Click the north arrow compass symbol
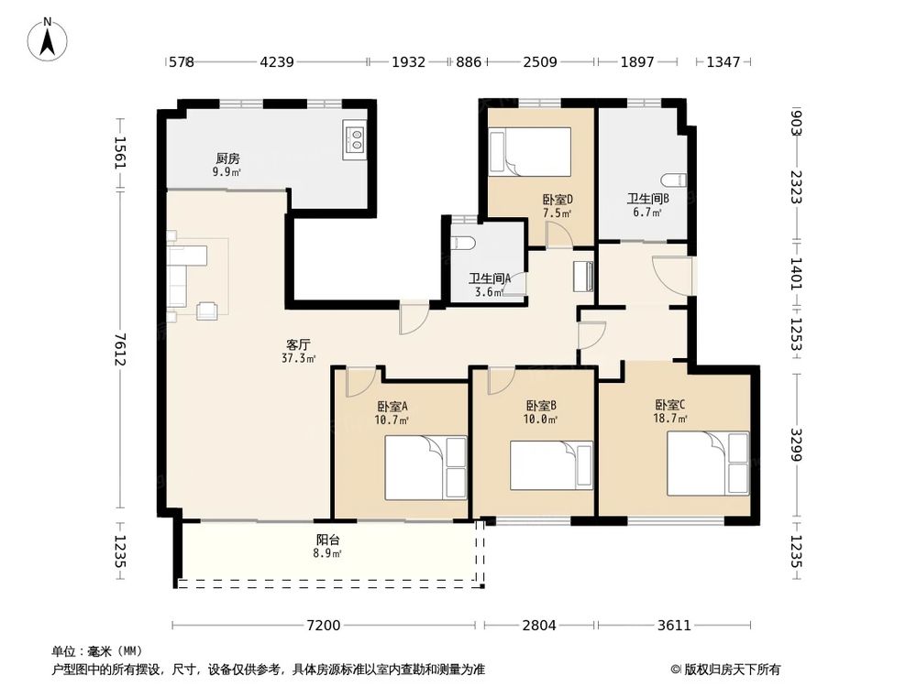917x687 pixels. pyautogui.click(x=48, y=39)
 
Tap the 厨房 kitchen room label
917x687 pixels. pyautogui.click(x=227, y=158)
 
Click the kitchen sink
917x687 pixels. pyautogui.click(x=354, y=140)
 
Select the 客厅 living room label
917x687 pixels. pyautogui.click(x=298, y=344)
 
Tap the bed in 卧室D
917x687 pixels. pyautogui.click(x=530, y=151)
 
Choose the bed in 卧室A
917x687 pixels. pyautogui.click(x=425, y=467)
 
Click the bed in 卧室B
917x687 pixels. pyautogui.click(x=551, y=465)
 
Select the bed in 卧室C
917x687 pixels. pyautogui.click(x=708, y=463)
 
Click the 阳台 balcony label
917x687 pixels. pyautogui.click(x=327, y=540)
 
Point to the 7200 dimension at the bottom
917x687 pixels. pyautogui.click(x=324, y=625)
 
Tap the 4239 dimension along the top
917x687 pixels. pyautogui.click(x=277, y=61)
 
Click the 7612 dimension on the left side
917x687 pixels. pyautogui.click(x=120, y=349)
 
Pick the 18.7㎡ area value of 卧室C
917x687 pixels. pyautogui.click(x=670, y=419)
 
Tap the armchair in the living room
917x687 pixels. pyautogui.click(x=207, y=311)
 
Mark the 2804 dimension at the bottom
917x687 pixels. pyautogui.click(x=539, y=625)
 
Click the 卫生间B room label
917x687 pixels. pyautogui.click(x=648, y=199)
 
